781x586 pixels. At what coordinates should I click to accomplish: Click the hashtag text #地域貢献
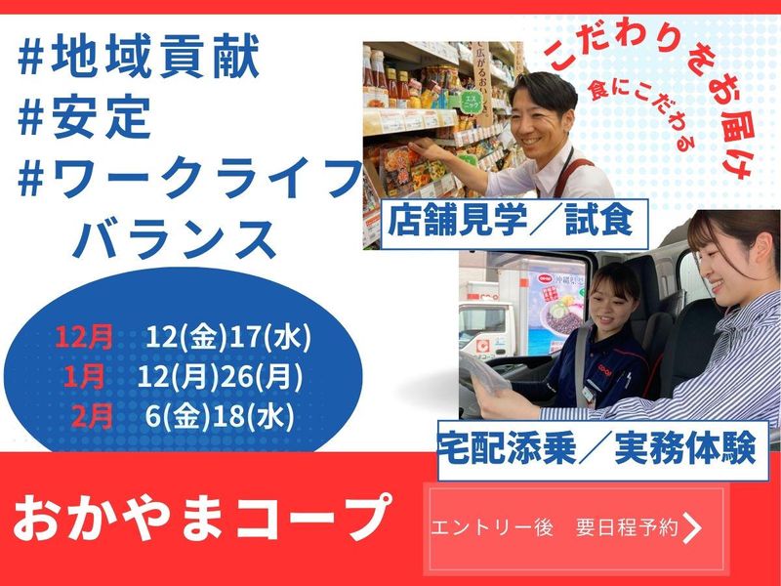(x=141, y=60)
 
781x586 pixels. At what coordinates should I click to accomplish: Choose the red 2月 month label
(x=94, y=412)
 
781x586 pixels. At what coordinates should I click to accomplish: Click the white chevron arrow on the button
(x=692, y=528)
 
